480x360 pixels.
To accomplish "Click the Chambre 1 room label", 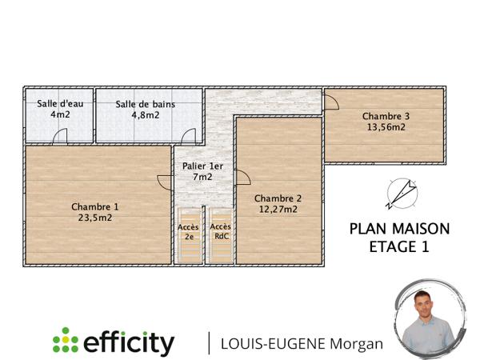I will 94,206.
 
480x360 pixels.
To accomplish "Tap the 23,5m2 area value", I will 94,217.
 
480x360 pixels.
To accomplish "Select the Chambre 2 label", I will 278,198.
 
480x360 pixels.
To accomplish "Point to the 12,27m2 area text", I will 278,210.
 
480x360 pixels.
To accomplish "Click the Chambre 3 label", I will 386,115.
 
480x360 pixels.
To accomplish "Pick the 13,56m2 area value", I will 386,126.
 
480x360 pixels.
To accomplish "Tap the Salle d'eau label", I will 60,104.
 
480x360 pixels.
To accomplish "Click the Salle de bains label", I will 146,104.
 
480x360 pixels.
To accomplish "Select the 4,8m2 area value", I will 146,114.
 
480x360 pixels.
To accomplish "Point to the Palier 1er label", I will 202,166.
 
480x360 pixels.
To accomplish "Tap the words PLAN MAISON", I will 399,229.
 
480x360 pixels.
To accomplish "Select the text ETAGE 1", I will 399,247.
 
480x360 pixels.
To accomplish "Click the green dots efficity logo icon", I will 66,341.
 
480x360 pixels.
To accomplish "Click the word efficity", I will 129,342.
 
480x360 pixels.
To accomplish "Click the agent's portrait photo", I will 429,319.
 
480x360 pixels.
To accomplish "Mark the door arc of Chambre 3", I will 330,102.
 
